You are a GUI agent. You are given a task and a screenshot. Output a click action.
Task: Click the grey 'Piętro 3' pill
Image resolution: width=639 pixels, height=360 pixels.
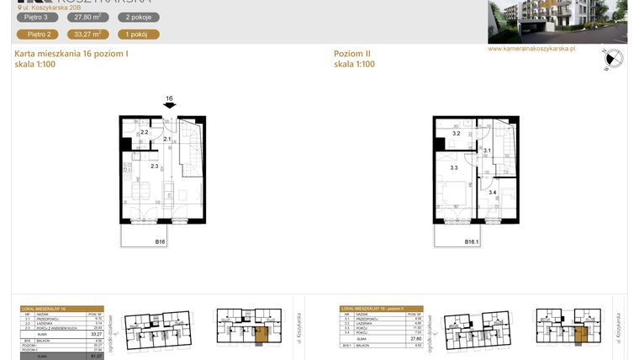(x=40, y=17)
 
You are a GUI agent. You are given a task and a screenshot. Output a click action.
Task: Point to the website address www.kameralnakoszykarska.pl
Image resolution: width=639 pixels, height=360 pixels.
(x=531, y=49)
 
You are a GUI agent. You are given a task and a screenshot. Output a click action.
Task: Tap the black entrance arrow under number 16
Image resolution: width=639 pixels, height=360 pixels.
(x=170, y=107)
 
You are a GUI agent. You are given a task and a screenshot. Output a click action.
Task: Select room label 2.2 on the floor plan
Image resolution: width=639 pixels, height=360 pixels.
(x=144, y=133)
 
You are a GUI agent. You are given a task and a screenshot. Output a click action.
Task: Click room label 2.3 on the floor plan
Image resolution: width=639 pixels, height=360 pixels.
(x=155, y=166)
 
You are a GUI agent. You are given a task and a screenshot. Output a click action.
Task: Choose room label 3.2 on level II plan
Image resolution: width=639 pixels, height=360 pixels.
(x=456, y=134)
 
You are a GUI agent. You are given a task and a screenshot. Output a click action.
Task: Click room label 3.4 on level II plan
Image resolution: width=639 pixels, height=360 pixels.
(x=492, y=193)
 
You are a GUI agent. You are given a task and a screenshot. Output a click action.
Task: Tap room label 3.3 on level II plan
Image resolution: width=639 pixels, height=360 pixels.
(x=454, y=167)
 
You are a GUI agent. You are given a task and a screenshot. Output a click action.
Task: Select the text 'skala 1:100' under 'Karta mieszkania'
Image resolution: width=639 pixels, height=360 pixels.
(x=35, y=64)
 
